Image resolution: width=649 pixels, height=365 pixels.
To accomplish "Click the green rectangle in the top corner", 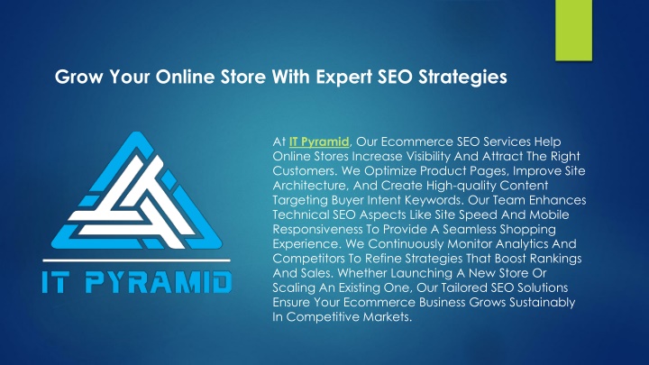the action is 573,31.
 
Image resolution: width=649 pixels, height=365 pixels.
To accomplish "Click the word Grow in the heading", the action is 78,77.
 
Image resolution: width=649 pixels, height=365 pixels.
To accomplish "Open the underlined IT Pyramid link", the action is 319,142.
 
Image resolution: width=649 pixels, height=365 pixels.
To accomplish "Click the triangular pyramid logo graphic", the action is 137,191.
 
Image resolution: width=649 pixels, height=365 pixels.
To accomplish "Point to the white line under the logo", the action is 137,260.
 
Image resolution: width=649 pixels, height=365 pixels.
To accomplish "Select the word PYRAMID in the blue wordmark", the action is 158,282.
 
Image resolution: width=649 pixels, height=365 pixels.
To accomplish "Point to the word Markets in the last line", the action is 388,317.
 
